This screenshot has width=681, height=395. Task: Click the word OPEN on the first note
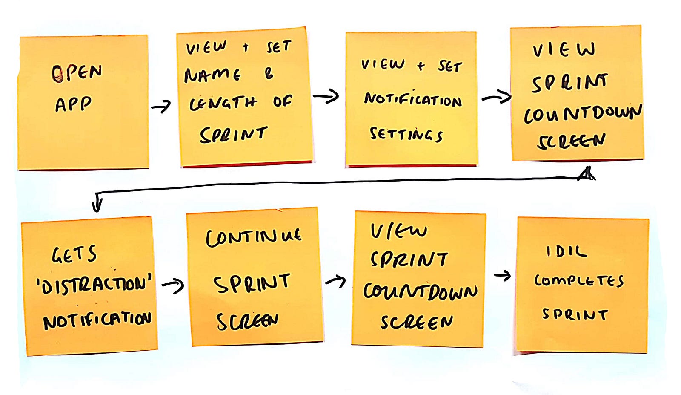pos(77,73)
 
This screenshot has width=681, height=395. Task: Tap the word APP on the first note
pos(73,104)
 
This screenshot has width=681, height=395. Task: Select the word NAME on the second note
pos(212,75)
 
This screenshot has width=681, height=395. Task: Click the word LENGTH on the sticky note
pos(223,103)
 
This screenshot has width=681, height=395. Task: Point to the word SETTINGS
pos(406,135)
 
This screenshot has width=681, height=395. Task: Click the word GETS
pos(74,254)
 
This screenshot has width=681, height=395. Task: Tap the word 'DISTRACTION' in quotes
pos(94,285)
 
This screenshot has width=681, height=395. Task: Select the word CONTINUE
pos(254,238)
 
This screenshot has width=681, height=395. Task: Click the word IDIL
pos(566,252)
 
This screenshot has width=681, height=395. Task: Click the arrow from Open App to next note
pos(161,106)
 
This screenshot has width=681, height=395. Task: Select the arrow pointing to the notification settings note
pos(326,96)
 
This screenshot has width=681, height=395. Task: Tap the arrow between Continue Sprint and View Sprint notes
pos(336,280)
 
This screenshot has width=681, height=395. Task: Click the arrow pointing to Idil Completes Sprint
pos(503,276)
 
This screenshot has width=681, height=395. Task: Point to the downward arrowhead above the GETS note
pos(97,205)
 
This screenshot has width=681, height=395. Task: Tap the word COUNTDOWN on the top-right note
pos(583,114)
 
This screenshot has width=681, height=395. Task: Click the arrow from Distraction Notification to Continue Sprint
pos(173,286)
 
